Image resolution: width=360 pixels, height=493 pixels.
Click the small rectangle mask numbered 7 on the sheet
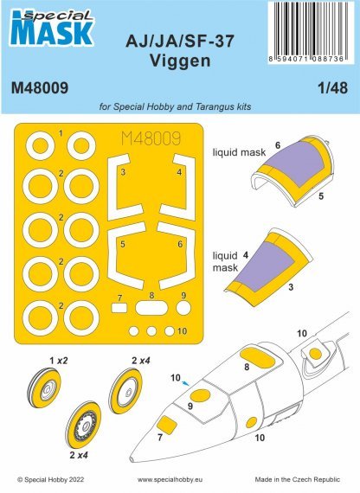coord(119,307)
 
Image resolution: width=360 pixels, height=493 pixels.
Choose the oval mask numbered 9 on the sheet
coord(181,306)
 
